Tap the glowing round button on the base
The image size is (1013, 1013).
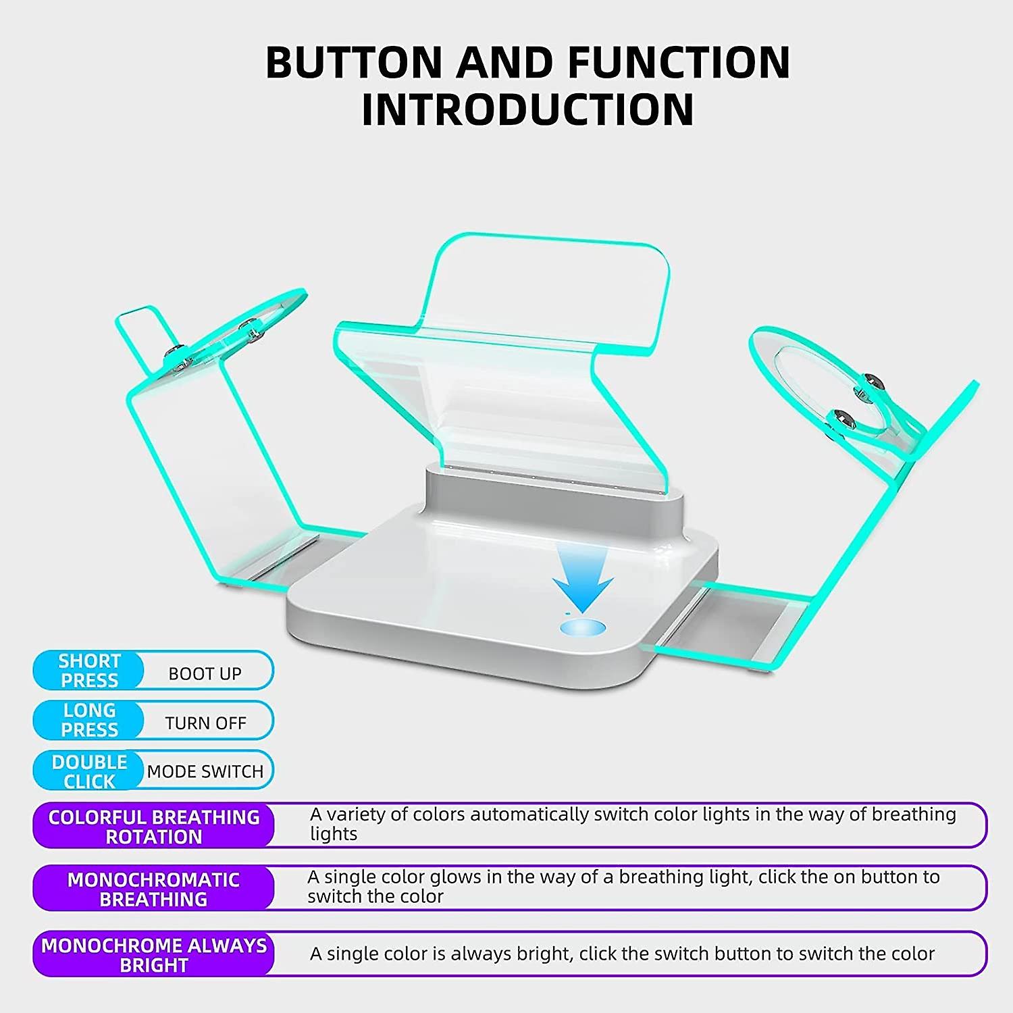click(x=582, y=628)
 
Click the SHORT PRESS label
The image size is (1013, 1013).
click(x=89, y=671)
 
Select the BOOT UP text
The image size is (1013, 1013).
click(x=205, y=673)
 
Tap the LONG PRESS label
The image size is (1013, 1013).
click(x=89, y=720)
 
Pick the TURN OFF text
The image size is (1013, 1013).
click(x=205, y=723)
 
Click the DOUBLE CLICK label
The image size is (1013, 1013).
click(x=89, y=771)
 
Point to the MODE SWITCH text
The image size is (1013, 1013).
click(x=205, y=771)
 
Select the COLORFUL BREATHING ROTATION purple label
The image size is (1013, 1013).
click(x=154, y=827)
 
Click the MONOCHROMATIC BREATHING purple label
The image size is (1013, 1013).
click(x=153, y=889)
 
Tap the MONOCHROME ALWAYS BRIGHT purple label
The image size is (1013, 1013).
click(x=154, y=955)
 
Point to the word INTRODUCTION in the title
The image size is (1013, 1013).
click(x=527, y=109)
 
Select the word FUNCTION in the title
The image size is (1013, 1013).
click(x=679, y=62)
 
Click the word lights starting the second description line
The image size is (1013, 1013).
click(x=334, y=834)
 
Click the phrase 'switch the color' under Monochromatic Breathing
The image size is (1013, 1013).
click(x=375, y=897)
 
